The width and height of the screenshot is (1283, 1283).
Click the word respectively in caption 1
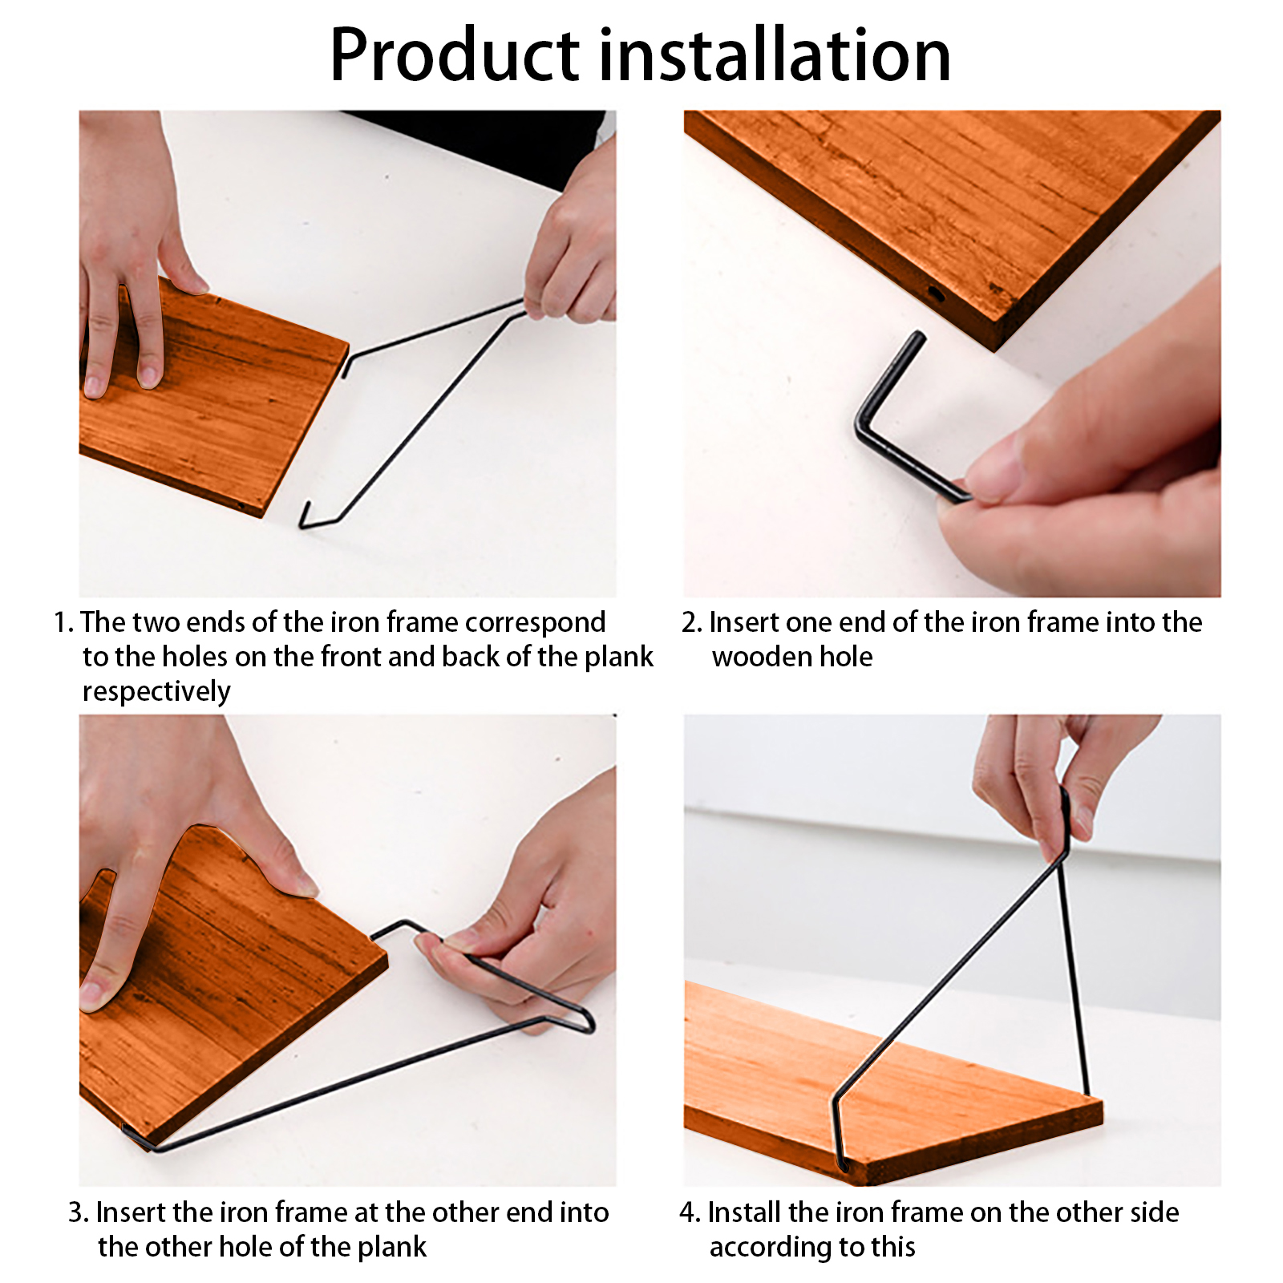pos(156,691)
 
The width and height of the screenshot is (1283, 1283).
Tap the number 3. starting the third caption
pos(78,1212)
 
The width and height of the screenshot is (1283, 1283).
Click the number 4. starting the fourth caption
pos(690,1212)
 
